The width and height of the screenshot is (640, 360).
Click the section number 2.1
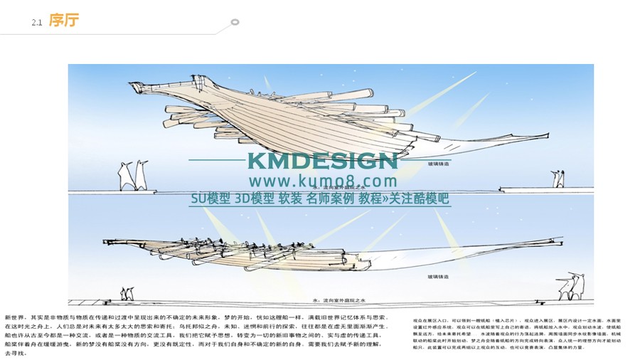[x=38, y=23]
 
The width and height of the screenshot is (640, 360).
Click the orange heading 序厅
[x=64, y=21]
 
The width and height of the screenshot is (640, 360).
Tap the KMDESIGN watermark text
[x=322, y=161]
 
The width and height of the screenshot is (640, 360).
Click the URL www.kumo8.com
[x=322, y=181]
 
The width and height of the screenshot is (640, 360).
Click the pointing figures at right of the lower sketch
[x=570, y=285]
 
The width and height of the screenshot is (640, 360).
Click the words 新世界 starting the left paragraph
[x=14, y=317]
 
